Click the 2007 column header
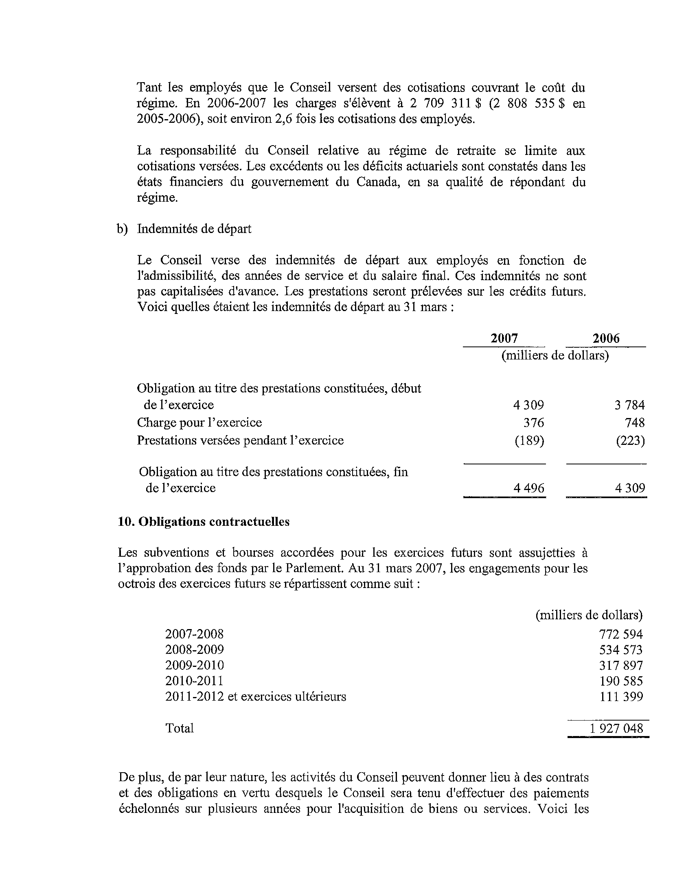(x=504, y=338)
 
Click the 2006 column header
(x=606, y=338)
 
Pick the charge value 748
(x=635, y=423)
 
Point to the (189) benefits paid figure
(x=529, y=440)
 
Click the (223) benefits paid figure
(x=630, y=440)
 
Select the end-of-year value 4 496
(x=529, y=488)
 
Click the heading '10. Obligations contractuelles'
(x=204, y=522)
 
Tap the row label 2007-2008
(x=195, y=634)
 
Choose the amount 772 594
(x=621, y=634)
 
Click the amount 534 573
(x=621, y=650)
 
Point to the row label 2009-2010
(x=195, y=665)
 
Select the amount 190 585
(x=621, y=681)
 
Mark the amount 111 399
(x=621, y=696)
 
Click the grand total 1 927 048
(x=616, y=728)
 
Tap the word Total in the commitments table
(x=179, y=728)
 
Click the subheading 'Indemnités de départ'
(x=194, y=229)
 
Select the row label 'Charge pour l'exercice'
(x=199, y=423)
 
